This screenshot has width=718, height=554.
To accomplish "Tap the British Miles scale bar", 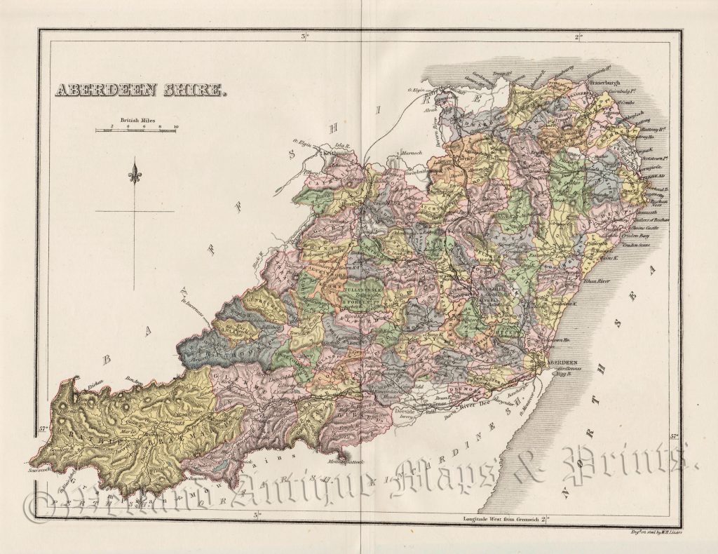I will [x=136, y=130].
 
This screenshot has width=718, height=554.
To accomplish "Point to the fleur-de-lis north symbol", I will [x=135, y=172].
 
